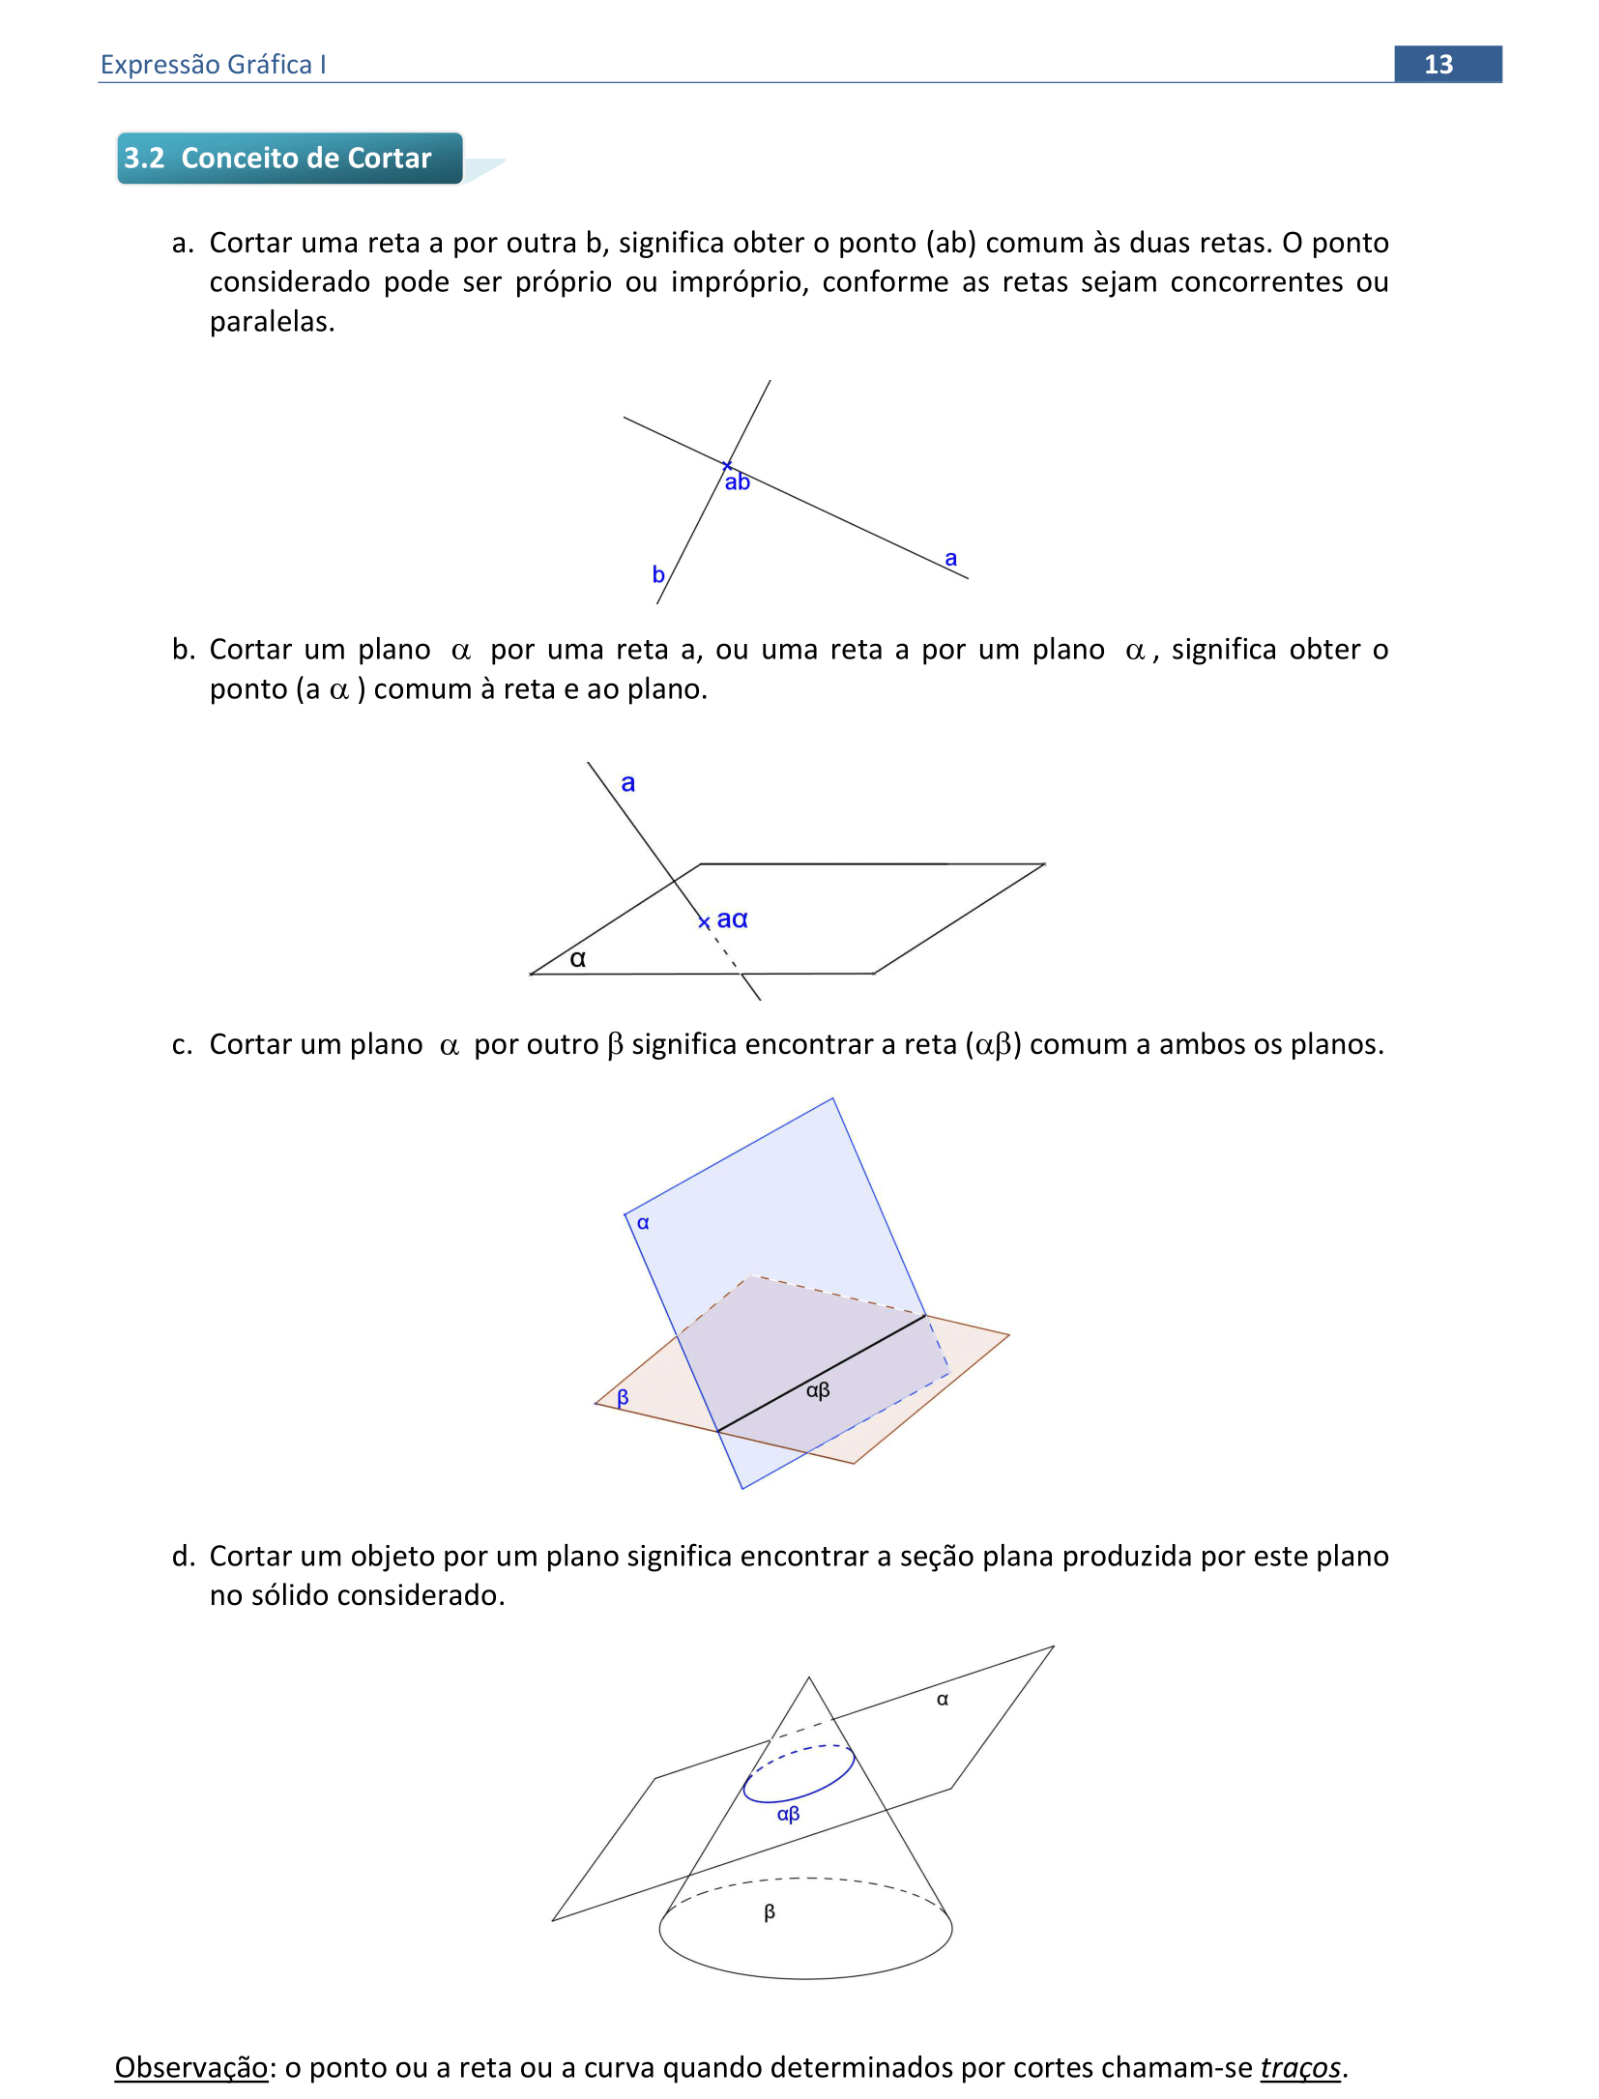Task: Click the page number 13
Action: (x=1438, y=64)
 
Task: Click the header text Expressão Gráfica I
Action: (x=213, y=64)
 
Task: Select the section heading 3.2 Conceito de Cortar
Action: (x=277, y=158)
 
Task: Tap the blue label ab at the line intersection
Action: (x=738, y=481)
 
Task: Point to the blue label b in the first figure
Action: (x=657, y=574)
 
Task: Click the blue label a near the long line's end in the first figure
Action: (x=950, y=558)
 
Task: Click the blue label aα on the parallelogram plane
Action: (x=732, y=918)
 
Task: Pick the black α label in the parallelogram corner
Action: (x=578, y=958)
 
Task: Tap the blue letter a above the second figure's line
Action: (x=628, y=782)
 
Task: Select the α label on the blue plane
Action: (x=643, y=1223)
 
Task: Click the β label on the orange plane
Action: (x=623, y=1396)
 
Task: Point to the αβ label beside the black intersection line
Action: (x=818, y=1389)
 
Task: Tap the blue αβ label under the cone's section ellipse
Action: (x=788, y=1814)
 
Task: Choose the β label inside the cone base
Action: (x=770, y=1911)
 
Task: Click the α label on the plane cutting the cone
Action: (x=943, y=1699)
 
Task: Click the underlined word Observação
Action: (x=190, y=2067)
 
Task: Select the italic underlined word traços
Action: (x=1300, y=2067)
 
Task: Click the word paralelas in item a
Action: (x=272, y=321)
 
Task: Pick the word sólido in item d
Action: (x=289, y=1594)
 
